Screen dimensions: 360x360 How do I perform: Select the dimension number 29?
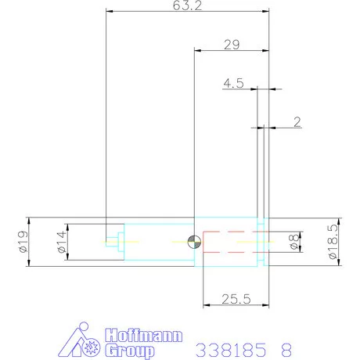click(x=231, y=45)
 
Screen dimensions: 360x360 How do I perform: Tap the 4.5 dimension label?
click(x=233, y=82)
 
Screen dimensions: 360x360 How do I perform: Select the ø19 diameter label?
click(x=21, y=242)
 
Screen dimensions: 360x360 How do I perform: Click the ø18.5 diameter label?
click(x=332, y=242)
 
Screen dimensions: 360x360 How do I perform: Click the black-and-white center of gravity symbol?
click(x=194, y=242)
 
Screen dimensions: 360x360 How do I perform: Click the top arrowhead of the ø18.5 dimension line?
click(x=338, y=220)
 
